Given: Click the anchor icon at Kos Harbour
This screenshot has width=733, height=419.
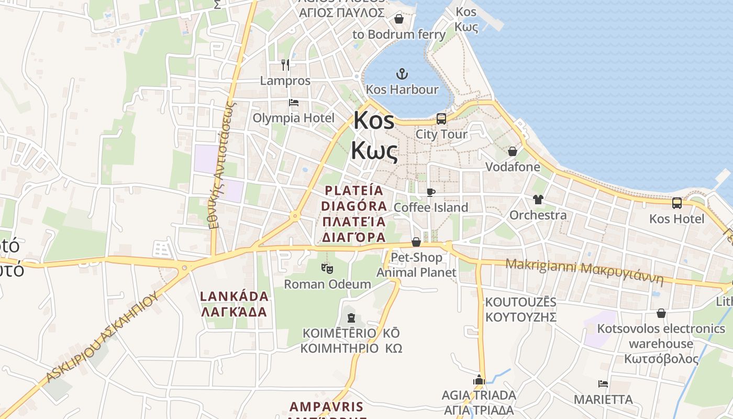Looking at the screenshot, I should click(402, 73).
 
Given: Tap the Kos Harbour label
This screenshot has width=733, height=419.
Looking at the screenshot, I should click(402, 90).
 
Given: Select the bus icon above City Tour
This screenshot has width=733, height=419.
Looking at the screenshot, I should click(441, 118).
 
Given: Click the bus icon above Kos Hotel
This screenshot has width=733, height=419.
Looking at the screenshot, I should click(676, 203).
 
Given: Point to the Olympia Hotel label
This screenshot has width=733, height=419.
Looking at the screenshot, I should click(293, 118).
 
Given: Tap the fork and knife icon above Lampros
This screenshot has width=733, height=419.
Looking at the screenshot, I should click(285, 65).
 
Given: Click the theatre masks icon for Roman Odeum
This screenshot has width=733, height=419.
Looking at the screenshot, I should click(327, 269).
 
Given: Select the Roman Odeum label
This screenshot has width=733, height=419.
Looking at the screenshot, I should click(327, 284).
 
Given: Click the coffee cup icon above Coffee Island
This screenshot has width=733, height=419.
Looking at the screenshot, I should click(430, 192).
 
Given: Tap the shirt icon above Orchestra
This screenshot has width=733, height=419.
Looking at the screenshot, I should click(538, 199).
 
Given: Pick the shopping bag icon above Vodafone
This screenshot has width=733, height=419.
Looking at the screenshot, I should click(512, 151).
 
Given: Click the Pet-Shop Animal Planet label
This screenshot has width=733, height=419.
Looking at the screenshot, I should click(417, 265).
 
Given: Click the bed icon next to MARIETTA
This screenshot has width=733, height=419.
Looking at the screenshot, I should click(603, 384).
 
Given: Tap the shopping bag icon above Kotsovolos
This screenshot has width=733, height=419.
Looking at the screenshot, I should click(661, 313).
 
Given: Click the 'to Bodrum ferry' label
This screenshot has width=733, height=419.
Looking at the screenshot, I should click(399, 35).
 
